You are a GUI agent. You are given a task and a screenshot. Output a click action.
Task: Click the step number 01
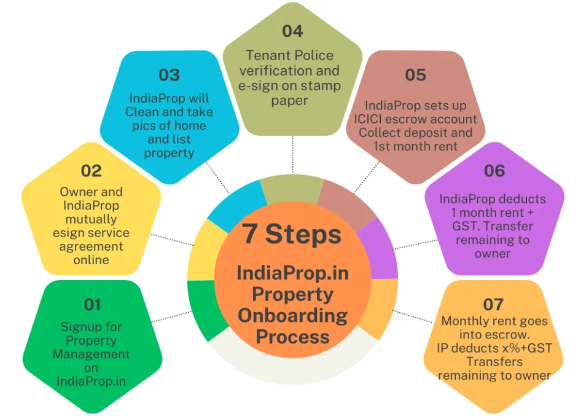pyautogui.click(x=92, y=304)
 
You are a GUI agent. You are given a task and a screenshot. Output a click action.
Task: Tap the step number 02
pyautogui.click(x=91, y=170)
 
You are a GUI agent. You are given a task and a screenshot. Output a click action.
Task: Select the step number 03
pyautogui.click(x=169, y=75)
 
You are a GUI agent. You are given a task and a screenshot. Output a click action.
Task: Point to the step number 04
pyautogui.click(x=292, y=31)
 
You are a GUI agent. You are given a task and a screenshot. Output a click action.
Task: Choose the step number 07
pyautogui.click(x=493, y=304)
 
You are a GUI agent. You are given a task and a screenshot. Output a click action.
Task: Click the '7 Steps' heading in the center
pyautogui.click(x=292, y=234)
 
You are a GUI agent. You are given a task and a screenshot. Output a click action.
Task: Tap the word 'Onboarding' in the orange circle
pyautogui.click(x=292, y=316)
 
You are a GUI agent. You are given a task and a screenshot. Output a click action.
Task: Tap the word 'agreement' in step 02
pyautogui.click(x=91, y=246)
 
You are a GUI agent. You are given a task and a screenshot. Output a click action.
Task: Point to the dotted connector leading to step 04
pyautogui.click(x=293, y=154)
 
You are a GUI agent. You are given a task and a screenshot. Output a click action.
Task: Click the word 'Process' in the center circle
pyautogui.click(x=292, y=337)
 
